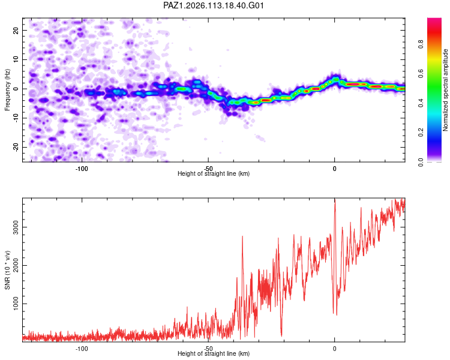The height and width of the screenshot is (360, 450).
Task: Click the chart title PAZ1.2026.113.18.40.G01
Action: click(213, 5)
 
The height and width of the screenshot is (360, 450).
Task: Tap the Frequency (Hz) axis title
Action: click(7, 90)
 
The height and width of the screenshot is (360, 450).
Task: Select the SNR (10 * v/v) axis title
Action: click(7, 270)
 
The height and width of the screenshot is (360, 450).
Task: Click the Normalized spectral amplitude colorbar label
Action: click(445, 90)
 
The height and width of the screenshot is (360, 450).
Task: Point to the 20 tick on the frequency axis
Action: click(16, 30)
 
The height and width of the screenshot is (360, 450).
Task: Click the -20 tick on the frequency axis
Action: click(16, 147)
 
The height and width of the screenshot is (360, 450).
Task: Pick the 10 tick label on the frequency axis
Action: click(16, 59)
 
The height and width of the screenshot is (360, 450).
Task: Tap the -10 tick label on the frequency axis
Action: click(16, 118)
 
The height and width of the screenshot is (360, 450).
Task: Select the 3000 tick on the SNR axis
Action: click(16, 227)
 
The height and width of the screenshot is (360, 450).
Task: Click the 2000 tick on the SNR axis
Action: click(16, 265)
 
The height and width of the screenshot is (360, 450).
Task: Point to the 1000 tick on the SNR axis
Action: click(16, 304)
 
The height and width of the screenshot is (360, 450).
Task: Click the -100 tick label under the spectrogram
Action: click(82, 169)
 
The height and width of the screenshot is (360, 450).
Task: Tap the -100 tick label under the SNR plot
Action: click(82, 349)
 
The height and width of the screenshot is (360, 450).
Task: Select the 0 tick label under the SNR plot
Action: click(334, 349)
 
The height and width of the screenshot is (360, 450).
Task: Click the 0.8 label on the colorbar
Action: click(421, 44)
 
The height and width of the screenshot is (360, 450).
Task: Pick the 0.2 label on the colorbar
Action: click(421, 133)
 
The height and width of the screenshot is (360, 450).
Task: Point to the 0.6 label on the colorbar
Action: click(421, 74)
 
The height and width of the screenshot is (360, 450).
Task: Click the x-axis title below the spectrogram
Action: click(214, 173)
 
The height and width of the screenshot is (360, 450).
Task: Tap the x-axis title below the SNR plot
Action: click(214, 353)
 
